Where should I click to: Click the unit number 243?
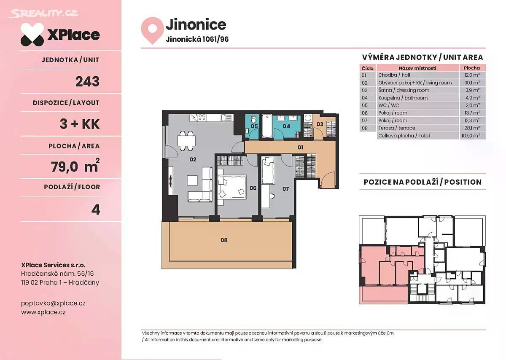(x=87, y=81)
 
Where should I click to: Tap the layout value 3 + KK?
(x=80, y=124)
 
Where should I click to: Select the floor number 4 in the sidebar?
(x=96, y=210)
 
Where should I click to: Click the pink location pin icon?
(x=152, y=30)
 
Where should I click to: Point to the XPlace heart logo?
(x=32, y=35)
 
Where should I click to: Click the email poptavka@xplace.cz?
(x=53, y=304)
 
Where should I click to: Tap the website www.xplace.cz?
(x=43, y=312)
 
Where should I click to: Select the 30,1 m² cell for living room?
(x=472, y=83)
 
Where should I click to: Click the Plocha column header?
(x=472, y=68)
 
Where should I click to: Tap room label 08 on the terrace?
(x=224, y=240)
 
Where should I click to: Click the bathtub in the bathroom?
(x=267, y=126)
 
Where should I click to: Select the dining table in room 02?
(x=186, y=141)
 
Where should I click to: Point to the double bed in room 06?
(x=232, y=187)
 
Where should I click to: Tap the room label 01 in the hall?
(x=300, y=148)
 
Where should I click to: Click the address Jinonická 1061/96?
(x=197, y=39)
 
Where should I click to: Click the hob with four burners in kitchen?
(x=202, y=118)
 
